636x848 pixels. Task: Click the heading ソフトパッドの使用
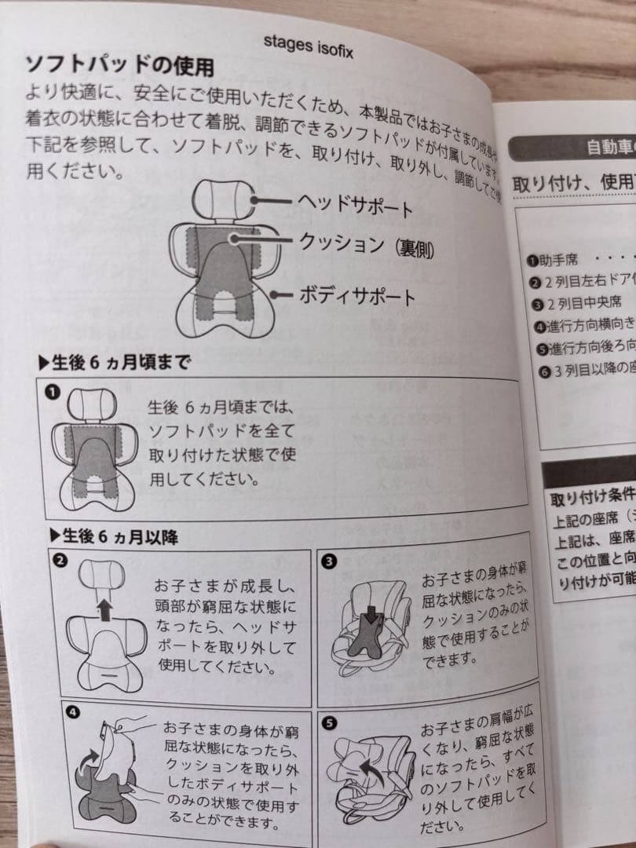[x=119, y=66]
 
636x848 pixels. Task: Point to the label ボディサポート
[x=357, y=296]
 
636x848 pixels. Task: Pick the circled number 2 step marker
[x=58, y=561]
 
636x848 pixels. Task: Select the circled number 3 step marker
[x=329, y=561]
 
